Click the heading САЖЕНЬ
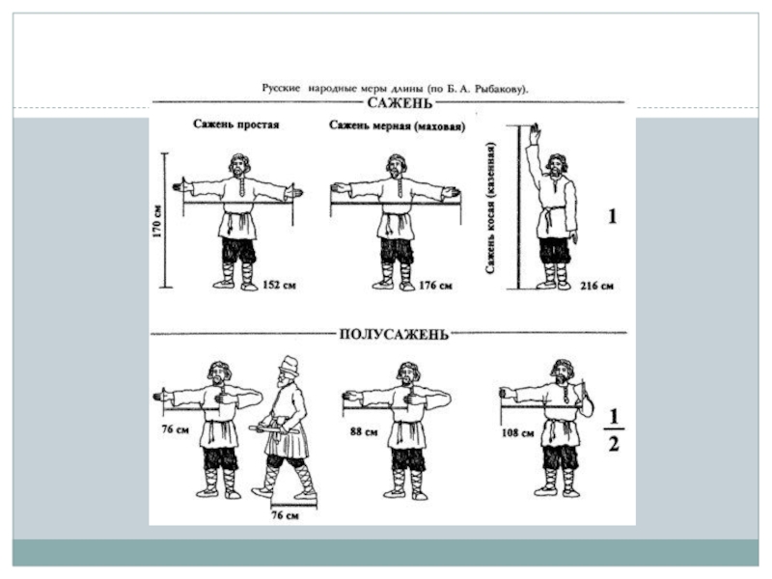(400, 103)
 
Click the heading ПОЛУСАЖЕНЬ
(394, 334)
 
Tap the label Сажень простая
(235, 124)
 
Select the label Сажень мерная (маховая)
(397, 126)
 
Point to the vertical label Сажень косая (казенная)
(490, 207)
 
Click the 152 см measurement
(279, 285)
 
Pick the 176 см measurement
(435, 285)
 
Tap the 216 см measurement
(596, 286)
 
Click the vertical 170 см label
(157, 221)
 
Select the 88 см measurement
(364, 431)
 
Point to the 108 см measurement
(517, 433)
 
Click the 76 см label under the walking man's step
(285, 515)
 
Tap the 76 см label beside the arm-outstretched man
(176, 429)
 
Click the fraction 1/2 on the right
(614, 430)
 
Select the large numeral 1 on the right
(612, 216)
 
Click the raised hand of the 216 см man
(535, 133)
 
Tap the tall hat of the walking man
(289, 365)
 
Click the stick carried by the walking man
(273, 429)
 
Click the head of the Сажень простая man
(239, 164)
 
